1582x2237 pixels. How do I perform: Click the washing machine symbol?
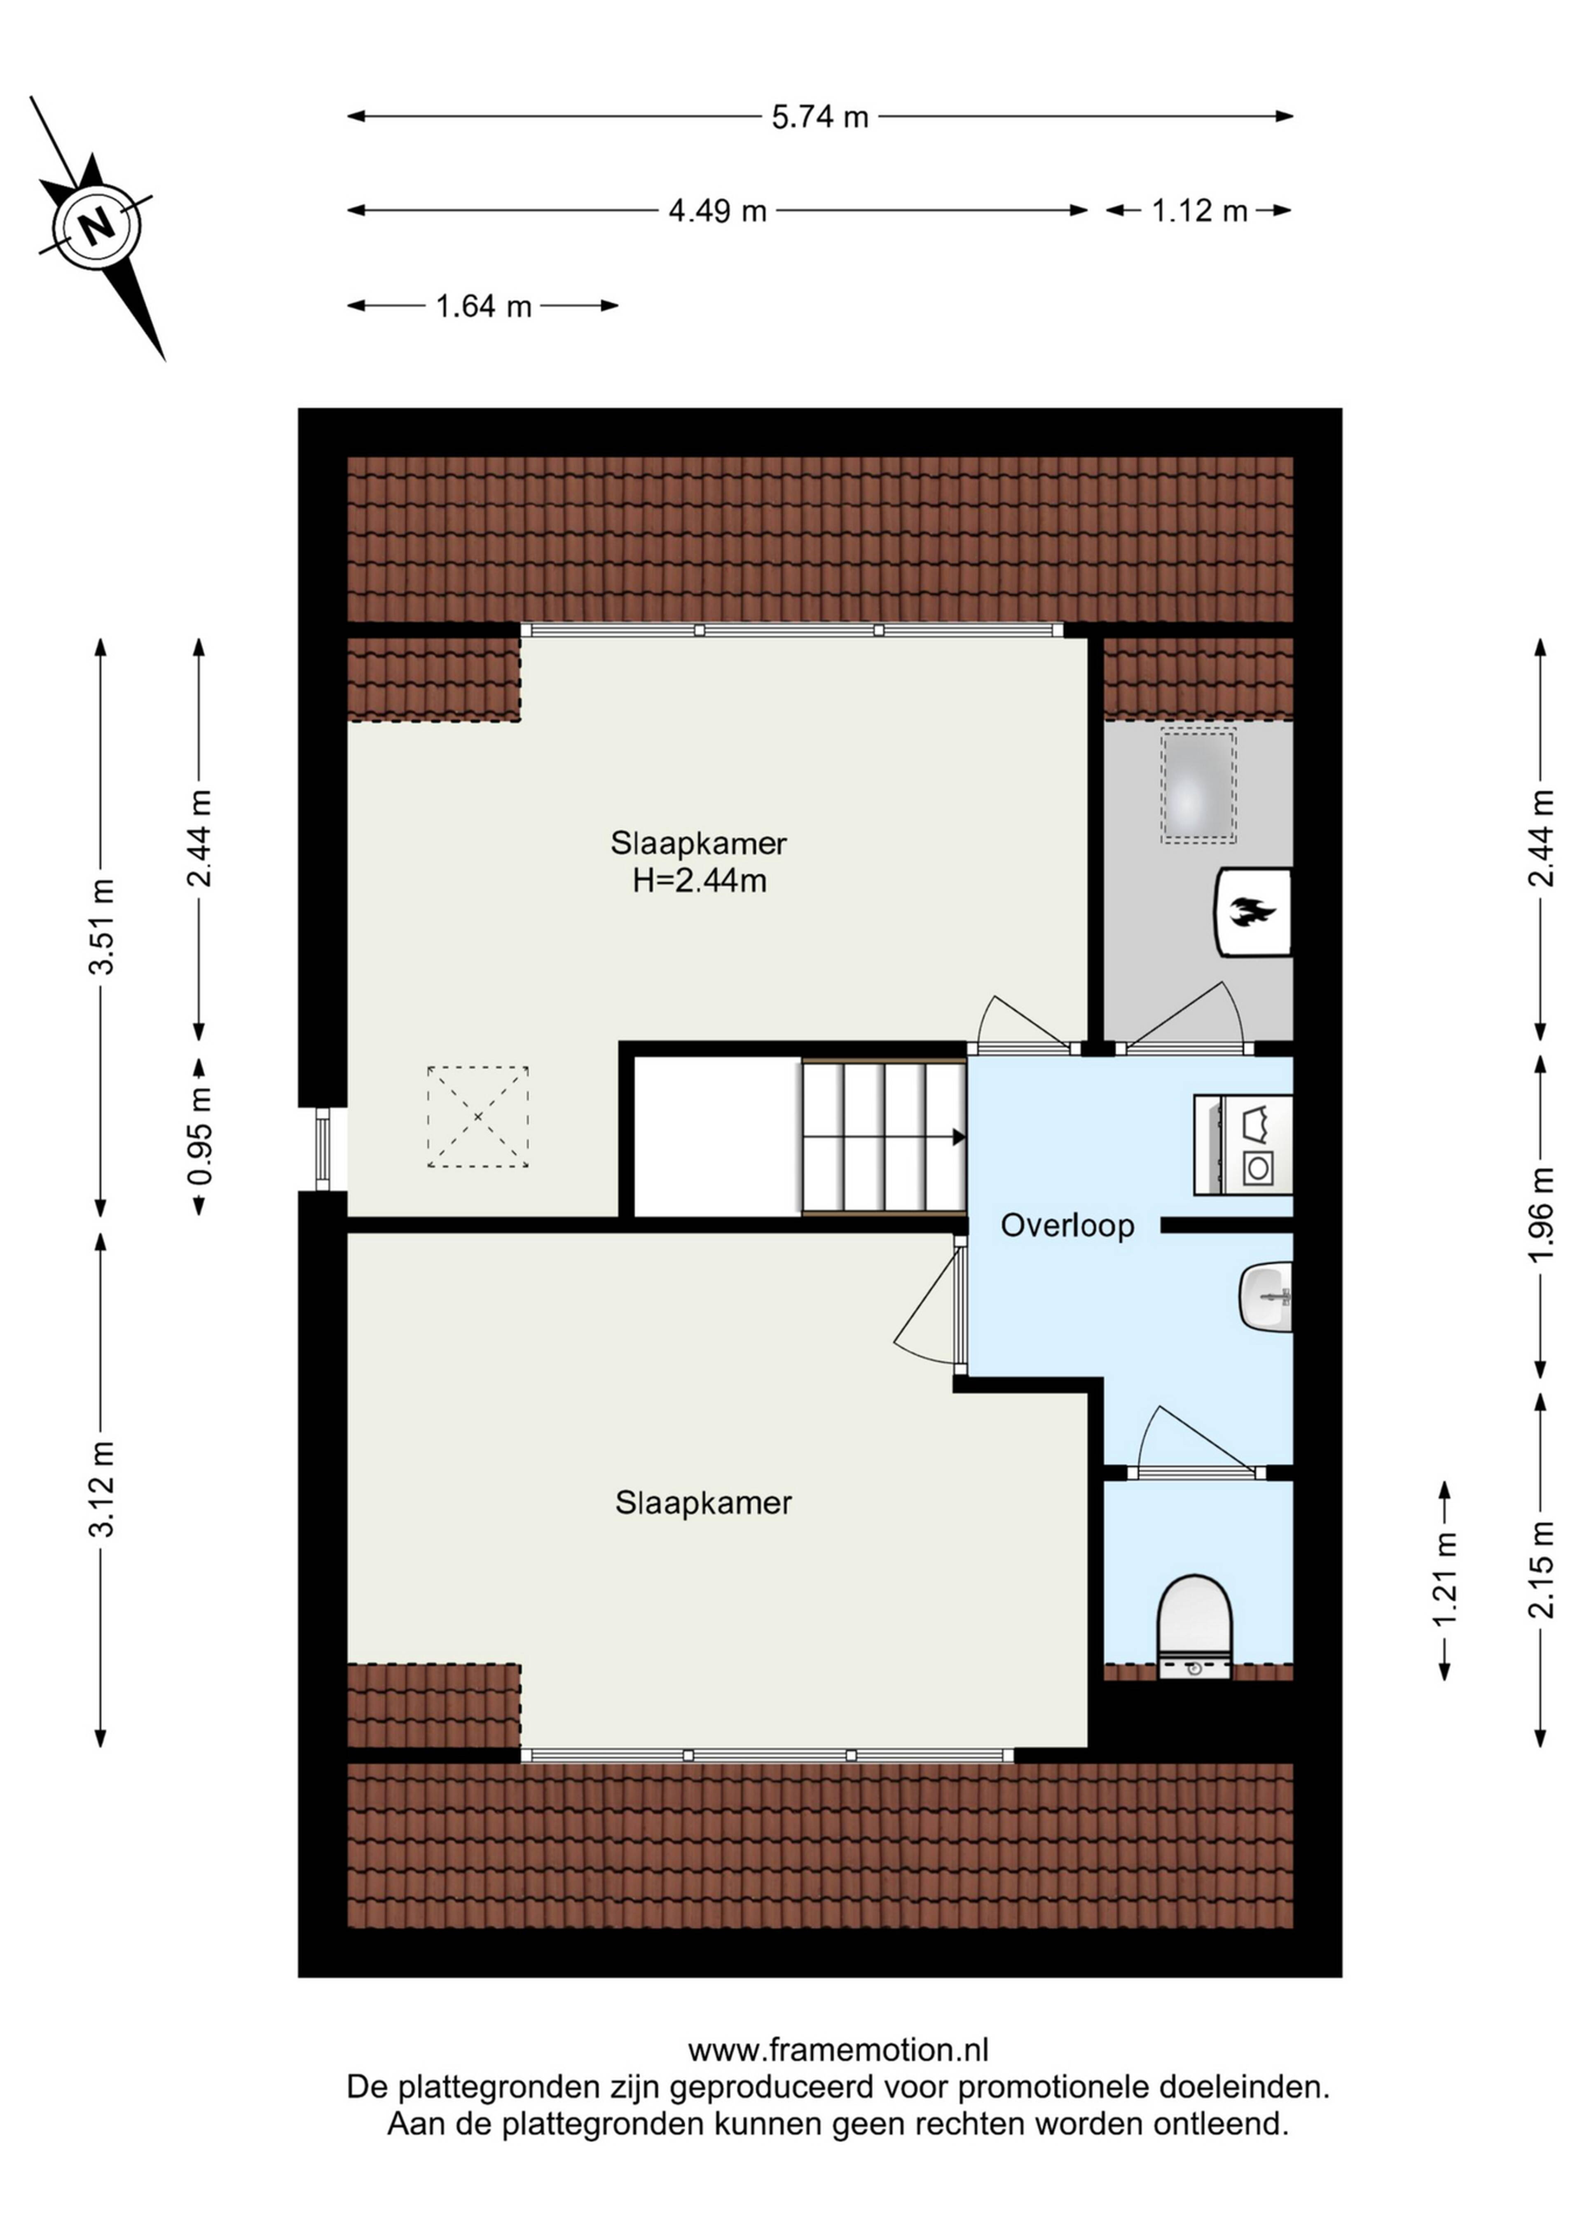pyautogui.click(x=1243, y=1145)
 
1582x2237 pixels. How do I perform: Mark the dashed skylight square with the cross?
pyautogui.click(x=477, y=1117)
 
